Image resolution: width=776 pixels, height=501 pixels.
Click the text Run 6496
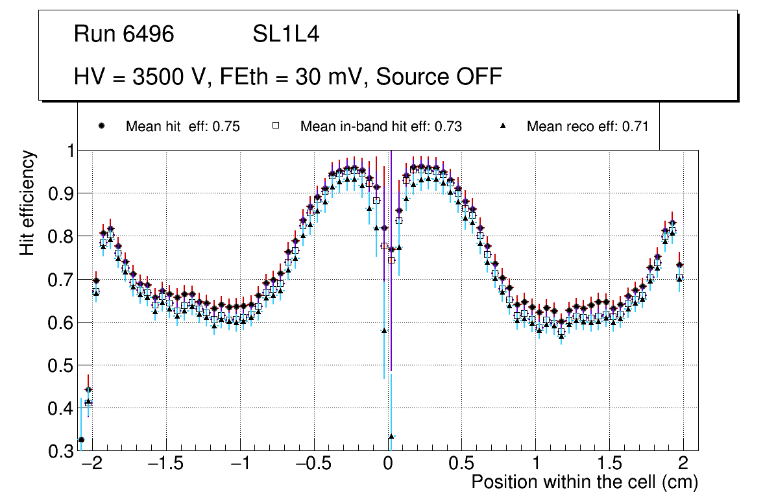point(124,34)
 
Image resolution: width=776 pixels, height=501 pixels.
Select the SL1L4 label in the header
point(286,34)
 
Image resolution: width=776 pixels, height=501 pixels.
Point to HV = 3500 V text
point(142,77)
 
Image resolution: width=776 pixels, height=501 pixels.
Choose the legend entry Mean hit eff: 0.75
point(182,127)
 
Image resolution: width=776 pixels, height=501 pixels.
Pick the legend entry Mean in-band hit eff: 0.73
point(381,127)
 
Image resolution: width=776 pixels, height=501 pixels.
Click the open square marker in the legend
point(276,126)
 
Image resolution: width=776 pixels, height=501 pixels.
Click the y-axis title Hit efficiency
point(27,202)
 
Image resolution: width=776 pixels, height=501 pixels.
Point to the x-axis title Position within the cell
point(584,482)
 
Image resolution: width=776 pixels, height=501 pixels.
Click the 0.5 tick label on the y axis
point(62,365)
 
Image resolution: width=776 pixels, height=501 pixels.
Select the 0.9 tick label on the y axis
point(62,193)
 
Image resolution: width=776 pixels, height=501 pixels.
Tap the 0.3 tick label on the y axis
point(62,451)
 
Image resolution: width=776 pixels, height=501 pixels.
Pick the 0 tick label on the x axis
point(387,464)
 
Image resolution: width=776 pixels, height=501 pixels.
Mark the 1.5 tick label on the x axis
point(609,464)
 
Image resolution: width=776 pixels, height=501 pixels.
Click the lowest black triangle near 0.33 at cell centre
point(391,437)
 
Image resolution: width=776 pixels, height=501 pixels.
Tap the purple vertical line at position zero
point(391,292)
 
